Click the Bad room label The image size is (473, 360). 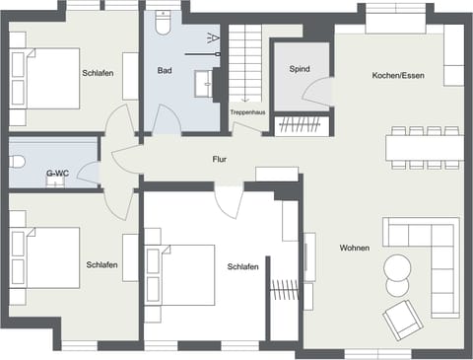165,71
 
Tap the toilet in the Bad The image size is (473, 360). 163,22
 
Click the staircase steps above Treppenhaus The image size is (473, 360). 247,59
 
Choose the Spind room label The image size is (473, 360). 300,71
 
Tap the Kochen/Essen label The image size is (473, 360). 398,76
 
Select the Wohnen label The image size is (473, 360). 354,248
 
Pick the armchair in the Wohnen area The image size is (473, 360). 401,318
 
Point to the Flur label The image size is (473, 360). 221,159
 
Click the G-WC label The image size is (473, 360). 57,175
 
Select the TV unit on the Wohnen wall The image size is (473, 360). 309,256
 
